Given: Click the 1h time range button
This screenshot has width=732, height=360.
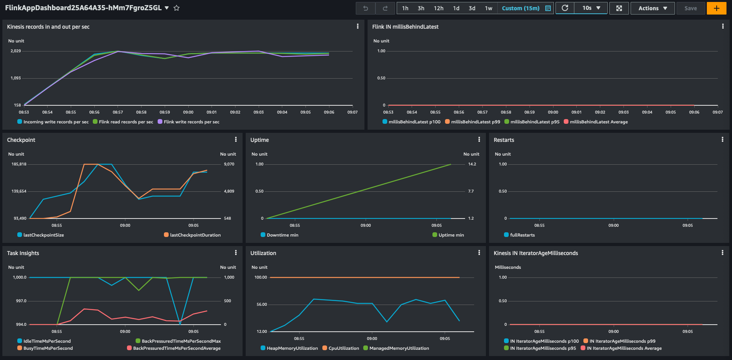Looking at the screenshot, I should point(405,8).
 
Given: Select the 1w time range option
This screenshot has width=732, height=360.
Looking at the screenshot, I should point(488,8).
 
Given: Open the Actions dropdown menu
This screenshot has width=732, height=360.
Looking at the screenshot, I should point(652,8).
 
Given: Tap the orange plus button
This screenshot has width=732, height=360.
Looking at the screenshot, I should point(716,8).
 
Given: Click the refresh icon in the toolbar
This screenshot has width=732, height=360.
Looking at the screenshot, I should point(565,8).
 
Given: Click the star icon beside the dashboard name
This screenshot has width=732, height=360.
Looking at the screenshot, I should point(177,8).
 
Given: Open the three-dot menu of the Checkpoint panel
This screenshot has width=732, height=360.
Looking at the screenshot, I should point(235,140).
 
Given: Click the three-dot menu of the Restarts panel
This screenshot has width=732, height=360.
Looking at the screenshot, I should point(722,140).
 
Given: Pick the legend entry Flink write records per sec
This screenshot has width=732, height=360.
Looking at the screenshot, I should point(191,122).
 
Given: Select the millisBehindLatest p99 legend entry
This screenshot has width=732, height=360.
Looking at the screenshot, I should point(475,122).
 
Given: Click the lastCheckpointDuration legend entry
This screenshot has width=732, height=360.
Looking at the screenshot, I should point(195,235).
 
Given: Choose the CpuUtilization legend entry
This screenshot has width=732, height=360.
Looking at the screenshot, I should point(344,348).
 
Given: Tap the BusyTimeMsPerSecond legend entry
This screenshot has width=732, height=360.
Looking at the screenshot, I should point(48,348).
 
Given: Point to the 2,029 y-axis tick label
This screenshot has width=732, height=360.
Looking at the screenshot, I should point(16,51).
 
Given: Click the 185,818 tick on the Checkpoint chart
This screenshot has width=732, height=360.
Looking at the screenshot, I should point(19,164).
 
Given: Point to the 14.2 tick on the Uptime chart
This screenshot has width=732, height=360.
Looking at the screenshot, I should point(472,164).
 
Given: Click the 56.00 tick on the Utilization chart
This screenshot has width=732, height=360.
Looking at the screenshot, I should point(261,305).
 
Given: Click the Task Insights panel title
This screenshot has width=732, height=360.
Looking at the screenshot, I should point(23,253).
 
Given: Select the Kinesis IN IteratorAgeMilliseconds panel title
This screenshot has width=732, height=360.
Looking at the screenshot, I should point(535,253).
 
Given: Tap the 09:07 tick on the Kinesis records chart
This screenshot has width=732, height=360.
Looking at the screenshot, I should point(352,112).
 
